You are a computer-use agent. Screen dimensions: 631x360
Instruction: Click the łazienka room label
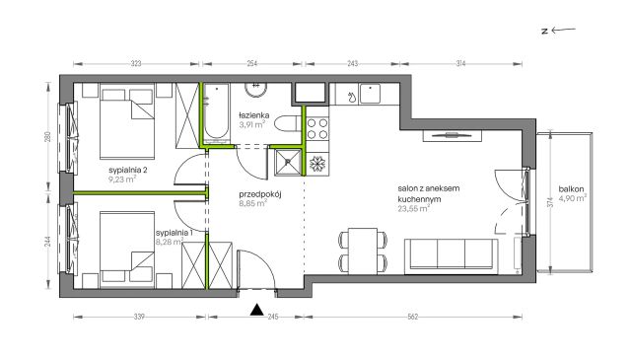[253, 115]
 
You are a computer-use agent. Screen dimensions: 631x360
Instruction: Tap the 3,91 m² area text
[252, 124]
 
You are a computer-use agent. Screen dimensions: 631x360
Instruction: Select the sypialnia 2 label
[128, 170]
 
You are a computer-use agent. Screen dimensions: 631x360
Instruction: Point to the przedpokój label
[260, 194]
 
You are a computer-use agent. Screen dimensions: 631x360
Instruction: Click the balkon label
[571, 188]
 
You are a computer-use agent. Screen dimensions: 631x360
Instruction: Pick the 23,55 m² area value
[413, 208]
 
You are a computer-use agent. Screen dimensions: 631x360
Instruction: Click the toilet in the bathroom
[288, 123]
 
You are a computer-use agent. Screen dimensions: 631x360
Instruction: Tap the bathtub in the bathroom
[217, 113]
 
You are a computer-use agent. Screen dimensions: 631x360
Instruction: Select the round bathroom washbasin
[256, 90]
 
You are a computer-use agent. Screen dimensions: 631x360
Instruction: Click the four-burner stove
[317, 129]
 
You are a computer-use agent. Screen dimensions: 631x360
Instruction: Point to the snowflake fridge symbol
[317, 164]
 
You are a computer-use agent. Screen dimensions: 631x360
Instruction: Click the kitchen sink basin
[371, 94]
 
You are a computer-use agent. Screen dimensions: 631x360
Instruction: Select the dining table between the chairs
[363, 252]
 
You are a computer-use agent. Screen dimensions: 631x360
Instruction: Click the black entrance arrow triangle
[256, 310]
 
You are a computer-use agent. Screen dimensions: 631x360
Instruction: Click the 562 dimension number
[413, 317]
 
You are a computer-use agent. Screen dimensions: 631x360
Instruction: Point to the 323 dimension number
[136, 64]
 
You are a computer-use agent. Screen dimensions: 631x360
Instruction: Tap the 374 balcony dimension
[550, 202]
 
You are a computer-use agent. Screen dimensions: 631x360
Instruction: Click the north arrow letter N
[545, 31]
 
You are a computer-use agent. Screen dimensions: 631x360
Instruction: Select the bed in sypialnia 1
[127, 251]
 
